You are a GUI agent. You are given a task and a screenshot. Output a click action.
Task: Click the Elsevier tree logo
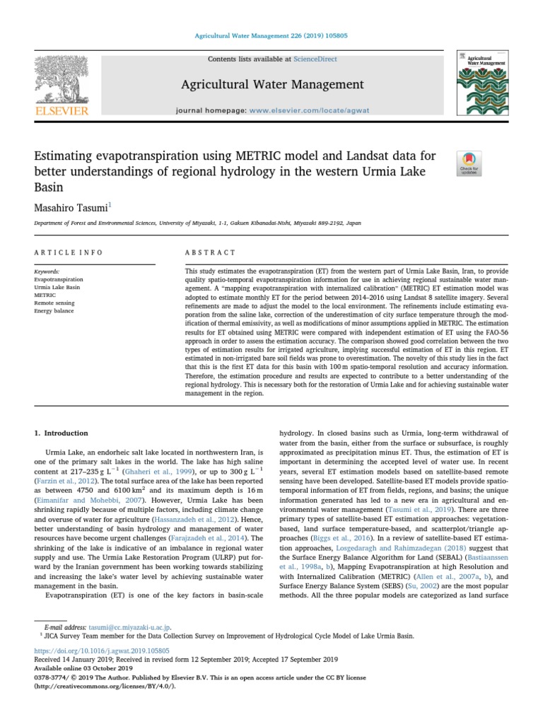(62, 79)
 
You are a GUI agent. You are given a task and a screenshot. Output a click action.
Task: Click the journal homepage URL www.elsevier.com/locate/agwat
(306, 111)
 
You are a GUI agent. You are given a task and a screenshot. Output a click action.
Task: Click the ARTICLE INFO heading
(69, 252)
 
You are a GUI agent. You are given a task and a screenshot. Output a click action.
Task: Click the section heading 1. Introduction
(62, 433)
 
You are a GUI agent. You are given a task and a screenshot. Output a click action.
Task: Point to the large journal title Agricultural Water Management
(272, 85)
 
